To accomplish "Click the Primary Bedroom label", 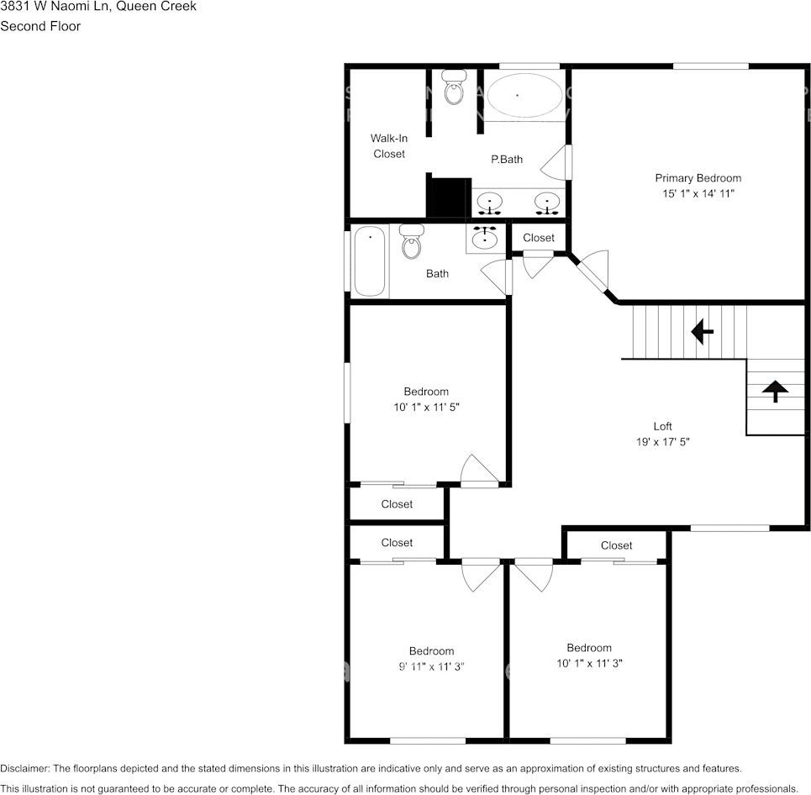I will [x=698, y=178].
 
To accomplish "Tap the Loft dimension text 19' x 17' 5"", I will [x=663, y=441].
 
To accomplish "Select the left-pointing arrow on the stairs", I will [x=702, y=332].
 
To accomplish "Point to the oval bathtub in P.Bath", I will [x=525, y=96].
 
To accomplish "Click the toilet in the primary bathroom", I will [x=454, y=87].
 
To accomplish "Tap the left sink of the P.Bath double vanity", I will [x=489, y=203].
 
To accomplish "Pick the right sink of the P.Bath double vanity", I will [x=547, y=203].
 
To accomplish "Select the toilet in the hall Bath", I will [x=412, y=241].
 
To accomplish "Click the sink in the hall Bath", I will [x=485, y=239].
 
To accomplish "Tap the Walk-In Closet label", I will [x=388, y=145].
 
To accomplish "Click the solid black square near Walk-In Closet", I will [x=448, y=197].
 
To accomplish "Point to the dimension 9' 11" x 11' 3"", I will [x=431, y=666].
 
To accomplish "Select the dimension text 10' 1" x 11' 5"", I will [x=426, y=407].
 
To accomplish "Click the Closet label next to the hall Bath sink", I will [x=539, y=238].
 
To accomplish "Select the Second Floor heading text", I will [x=40, y=26].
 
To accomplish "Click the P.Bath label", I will [x=507, y=159].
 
